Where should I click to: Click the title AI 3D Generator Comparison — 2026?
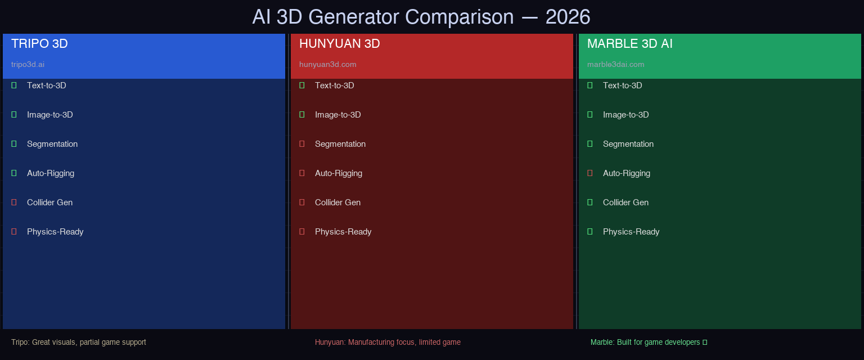tap(421, 17)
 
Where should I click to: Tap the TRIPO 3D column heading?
tap(39, 44)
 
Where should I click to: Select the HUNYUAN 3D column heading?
tap(339, 44)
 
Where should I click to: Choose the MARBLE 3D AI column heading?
tap(629, 44)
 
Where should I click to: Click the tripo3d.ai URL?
tap(28, 64)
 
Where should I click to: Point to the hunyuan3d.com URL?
tap(327, 64)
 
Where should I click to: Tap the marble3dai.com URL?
tap(615, 64)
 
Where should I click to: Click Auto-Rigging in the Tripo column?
tap(51, 173)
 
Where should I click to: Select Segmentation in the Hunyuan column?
tap(340, 144)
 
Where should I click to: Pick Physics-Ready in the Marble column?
tap(631, 232)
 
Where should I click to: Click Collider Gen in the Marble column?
tap(625, 202)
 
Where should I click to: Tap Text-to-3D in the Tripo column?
tap(47, 85)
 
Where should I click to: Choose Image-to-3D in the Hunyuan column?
tap(337, 115)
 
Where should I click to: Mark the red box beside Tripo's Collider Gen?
tap(14, 202)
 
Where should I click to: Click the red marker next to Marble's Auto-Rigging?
tap(590, 173)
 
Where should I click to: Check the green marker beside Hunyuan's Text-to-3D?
tap(302, 85)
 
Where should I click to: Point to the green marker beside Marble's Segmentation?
tap(590, 144)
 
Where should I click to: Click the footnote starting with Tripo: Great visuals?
tap(79, 342)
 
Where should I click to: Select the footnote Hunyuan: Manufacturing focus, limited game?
tap(388, 342)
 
